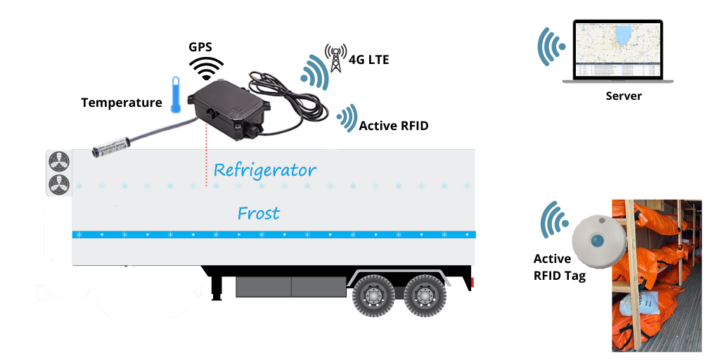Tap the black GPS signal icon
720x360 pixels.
pyautogui.click(x=208, y=69)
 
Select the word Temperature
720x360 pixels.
pyautogui.click(x=121, y=103)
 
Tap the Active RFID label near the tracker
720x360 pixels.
pyautogui.click(x=393, y=126)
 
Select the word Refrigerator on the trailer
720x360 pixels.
pyautogui.click(x=264, y=170)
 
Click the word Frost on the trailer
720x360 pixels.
pyautogui.click(x=259, y=213)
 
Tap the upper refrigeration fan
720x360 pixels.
pyautogui.click(x=58, y=162)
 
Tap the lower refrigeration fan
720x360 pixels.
pyautogui.click(x=58, y=185)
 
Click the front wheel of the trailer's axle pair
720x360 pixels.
pyautogui.click(x=373, y=295)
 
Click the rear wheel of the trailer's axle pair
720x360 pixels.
pyautogui.click(x=425, y=295)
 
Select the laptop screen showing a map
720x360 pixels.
pyautogui.click(x=617, y=49)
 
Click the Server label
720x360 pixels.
pyautogui.click(x=624, y=96)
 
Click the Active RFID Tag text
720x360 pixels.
pyautogui.click(x=559, y=267)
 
